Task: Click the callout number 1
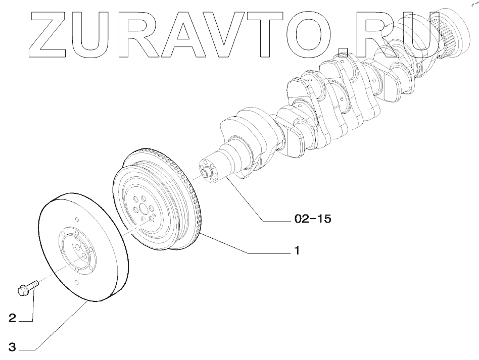298,250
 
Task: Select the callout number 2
13,319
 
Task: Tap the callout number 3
13,347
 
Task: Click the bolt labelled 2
28,288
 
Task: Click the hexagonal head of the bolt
22,290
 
